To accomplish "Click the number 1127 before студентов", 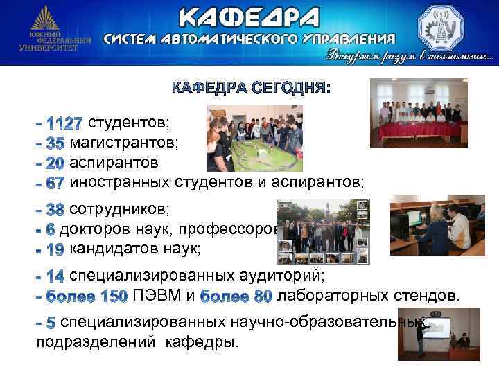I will [x=64, y=124].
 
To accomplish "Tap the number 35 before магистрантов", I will [x=55, y=144].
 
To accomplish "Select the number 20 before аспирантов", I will [x=55, y=163].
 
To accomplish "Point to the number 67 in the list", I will [x=55, y=182].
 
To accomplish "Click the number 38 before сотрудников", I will [x=55, y=208].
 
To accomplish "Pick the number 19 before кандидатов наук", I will [x=55, y=249].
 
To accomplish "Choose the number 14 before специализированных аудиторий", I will [x=55, y=276].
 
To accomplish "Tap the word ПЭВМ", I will [x=158, y=296].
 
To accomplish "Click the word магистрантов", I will [x=124, y=143].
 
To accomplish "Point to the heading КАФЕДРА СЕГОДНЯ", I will [x=251, y=89].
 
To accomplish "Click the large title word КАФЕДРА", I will [x=249, y=17].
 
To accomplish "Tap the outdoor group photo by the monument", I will [x=322, y=232].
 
